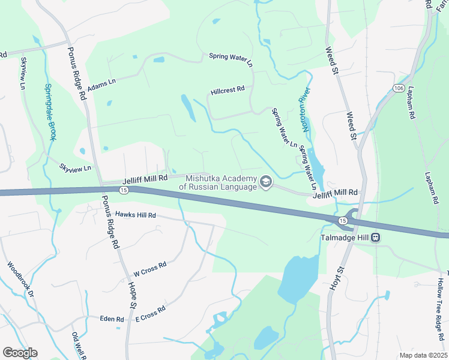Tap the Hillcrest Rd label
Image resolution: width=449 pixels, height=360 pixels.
pos(228,91)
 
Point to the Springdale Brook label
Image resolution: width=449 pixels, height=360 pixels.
pos(50,112)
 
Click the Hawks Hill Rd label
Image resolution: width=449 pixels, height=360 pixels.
pos(136,214)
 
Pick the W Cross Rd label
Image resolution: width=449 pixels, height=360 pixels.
pos(149,268)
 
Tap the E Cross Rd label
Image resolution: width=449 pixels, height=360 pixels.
pos(150,314)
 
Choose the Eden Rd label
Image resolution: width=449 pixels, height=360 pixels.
pos(112,319)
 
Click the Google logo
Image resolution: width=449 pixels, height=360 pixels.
pos(20,353)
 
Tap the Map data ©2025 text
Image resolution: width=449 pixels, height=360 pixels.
pos(423,355)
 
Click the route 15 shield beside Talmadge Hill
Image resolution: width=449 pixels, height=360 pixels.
pos(342,221)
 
